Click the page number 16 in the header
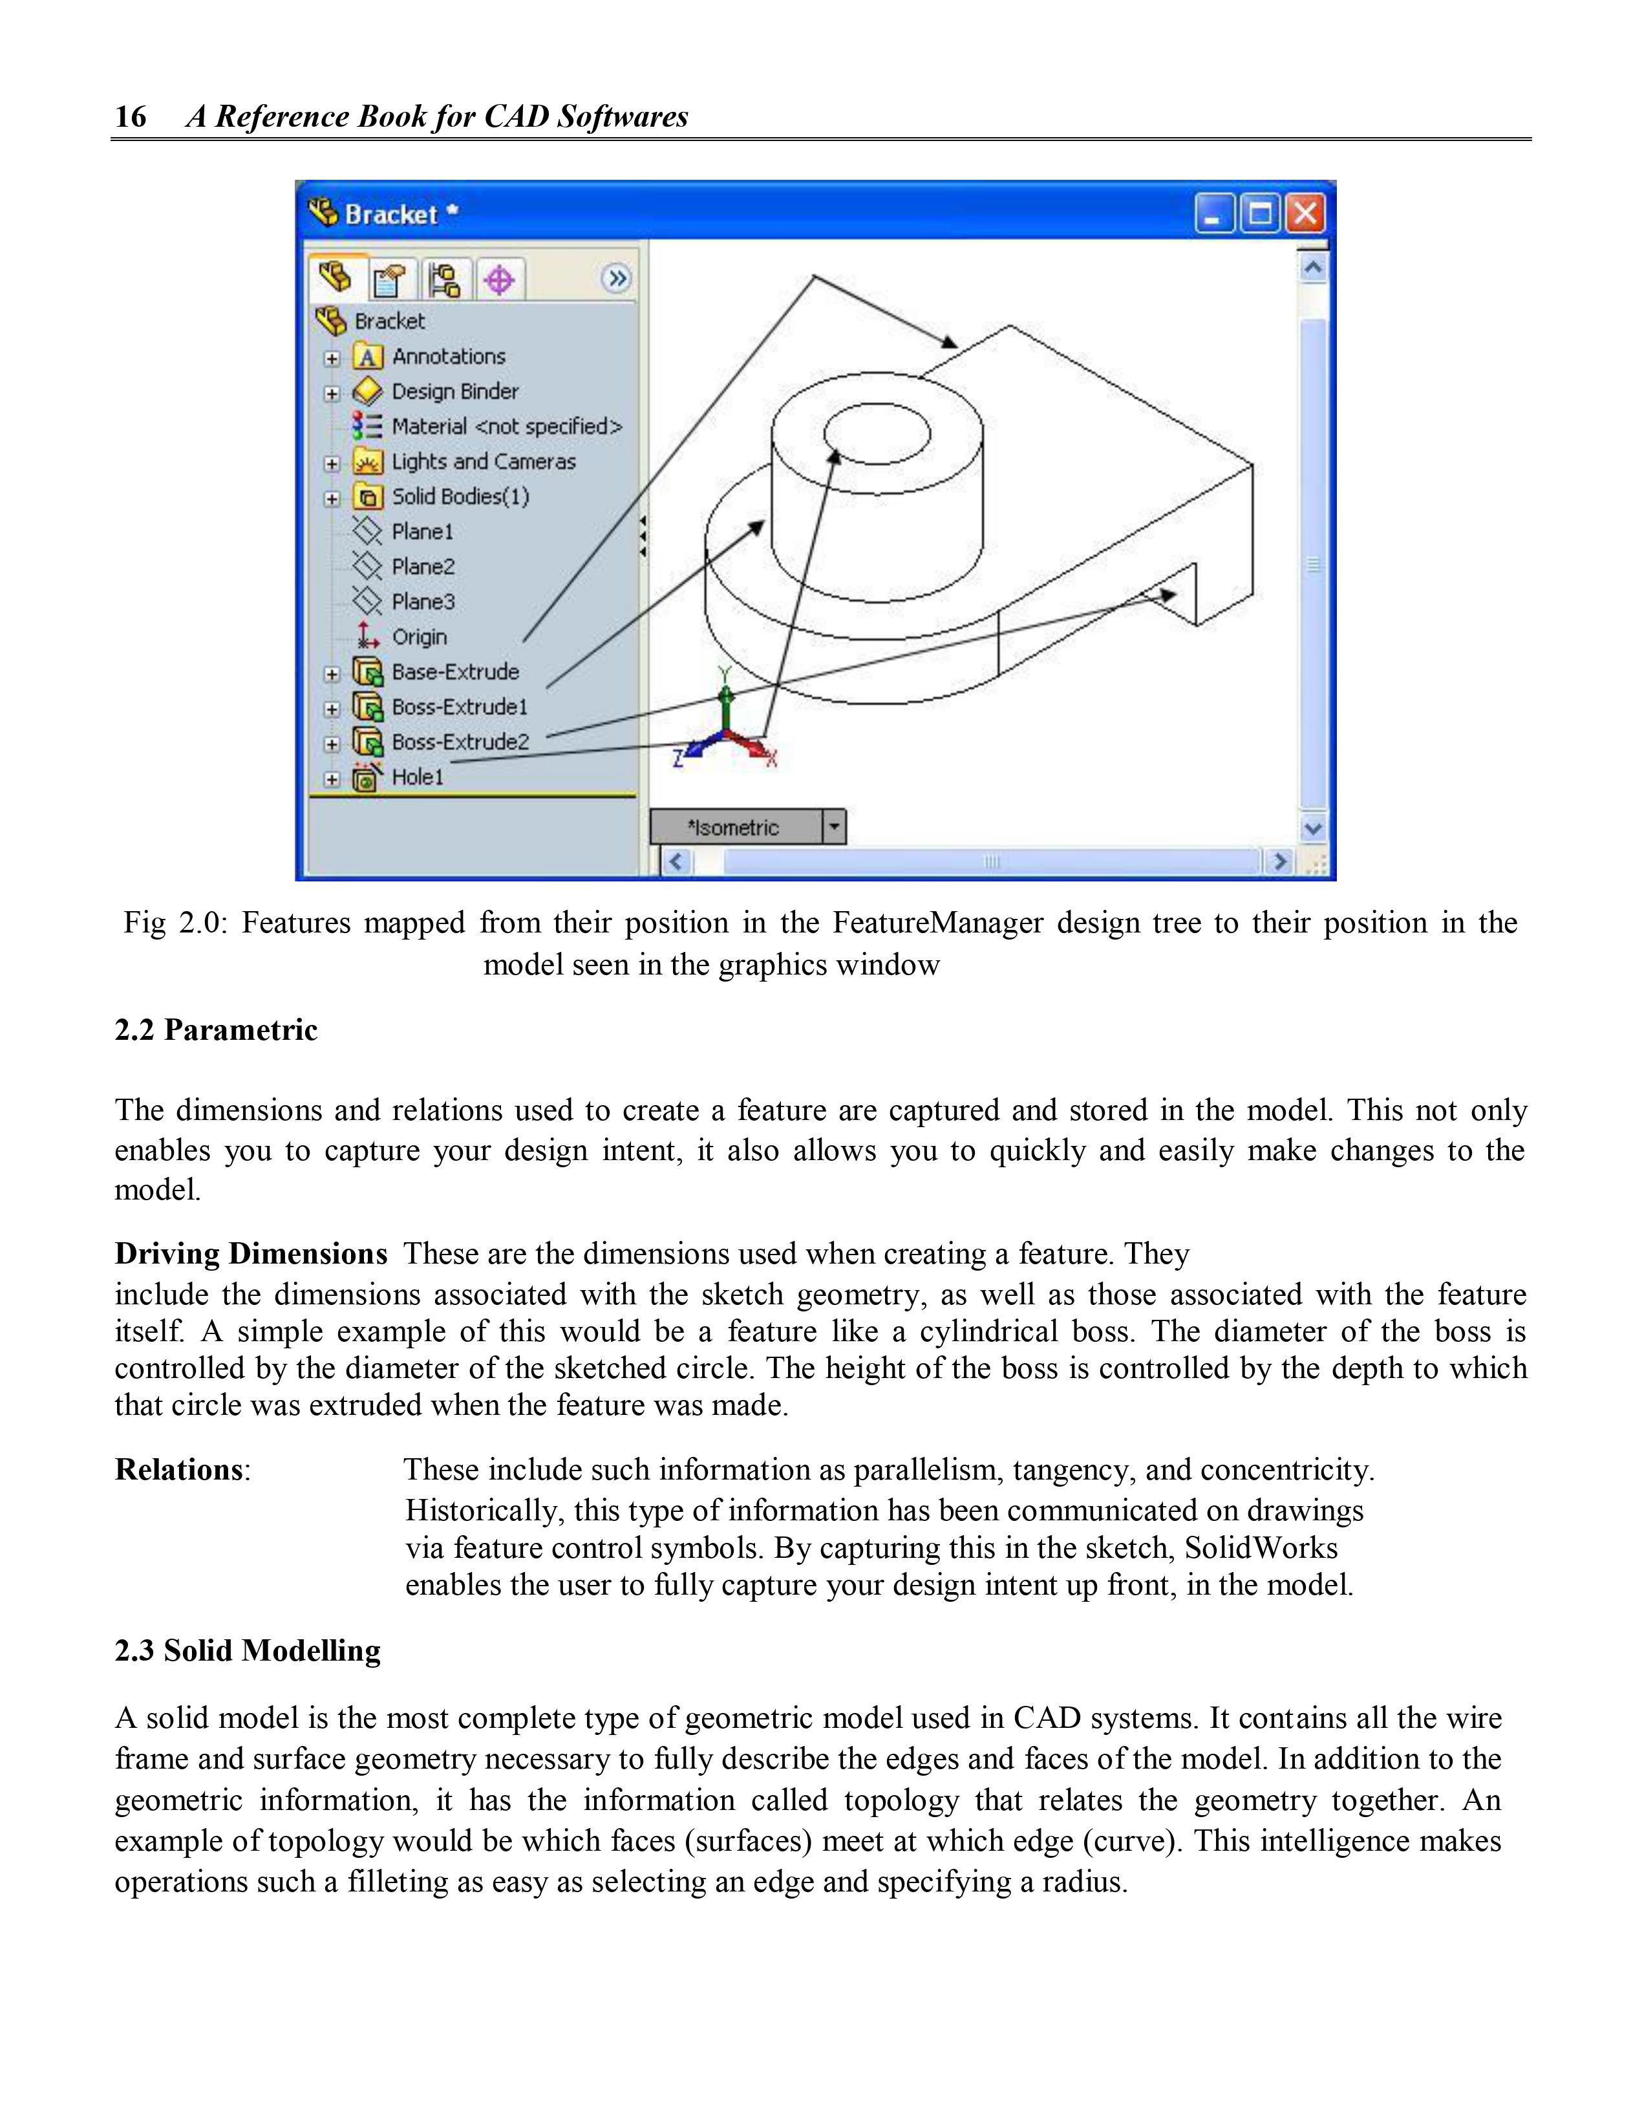tap(131, 116)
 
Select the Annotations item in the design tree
tap(448, 357)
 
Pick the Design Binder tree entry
tap(454, 391)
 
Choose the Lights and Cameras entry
tap(483, 462)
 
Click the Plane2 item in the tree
tap(422, 566)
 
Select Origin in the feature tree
tap(418, 637)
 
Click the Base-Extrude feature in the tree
tap(455, 671)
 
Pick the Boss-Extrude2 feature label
tap(460, 742)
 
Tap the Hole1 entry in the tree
tap(418, 777)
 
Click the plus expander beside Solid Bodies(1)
tap(332, 499)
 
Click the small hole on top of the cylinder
tap(877, 433)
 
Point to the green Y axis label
tap(725, 674)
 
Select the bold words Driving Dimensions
tap(250, 1255)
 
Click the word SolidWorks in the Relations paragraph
tap(1260, 1548)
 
